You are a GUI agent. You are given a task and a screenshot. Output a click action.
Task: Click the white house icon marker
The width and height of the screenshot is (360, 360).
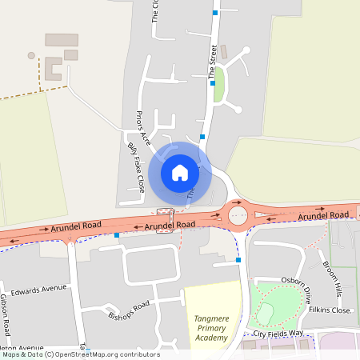pos(179,172)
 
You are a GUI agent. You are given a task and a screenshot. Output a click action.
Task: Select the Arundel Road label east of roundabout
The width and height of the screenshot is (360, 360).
pos(323,216)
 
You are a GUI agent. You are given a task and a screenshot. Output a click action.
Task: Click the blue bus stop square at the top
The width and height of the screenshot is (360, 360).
pos(214,13)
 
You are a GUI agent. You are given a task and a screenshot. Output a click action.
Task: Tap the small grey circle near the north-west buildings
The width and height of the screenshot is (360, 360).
pos(31,56)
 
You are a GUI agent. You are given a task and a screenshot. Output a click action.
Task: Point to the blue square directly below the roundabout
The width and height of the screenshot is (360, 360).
pos(238,260)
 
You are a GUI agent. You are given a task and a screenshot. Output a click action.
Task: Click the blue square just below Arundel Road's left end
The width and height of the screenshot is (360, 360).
pos(117,235)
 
